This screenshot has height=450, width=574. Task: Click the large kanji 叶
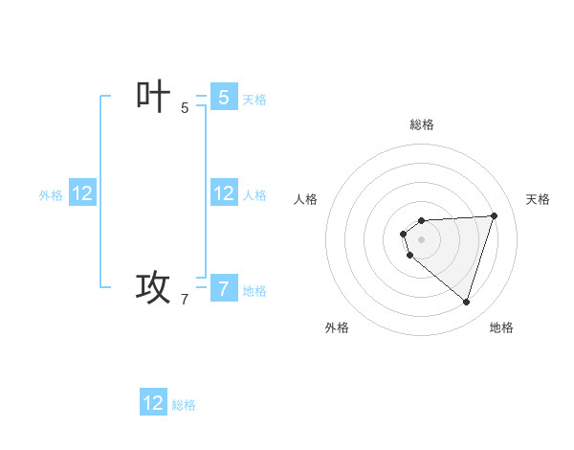pos(153,97)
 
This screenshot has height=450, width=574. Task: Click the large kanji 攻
pos(153,286)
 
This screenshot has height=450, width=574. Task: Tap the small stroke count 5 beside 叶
pos(185,108)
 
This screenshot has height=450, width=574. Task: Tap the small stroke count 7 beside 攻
pos(185,300)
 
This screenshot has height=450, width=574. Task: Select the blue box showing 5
pos(224,97)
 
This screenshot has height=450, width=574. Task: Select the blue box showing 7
pos(224,287)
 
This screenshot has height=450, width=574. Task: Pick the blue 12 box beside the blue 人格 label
pos(224,193)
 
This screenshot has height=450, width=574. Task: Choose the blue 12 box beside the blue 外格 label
pos(82,193)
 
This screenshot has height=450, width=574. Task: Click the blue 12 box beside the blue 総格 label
pos(153,403)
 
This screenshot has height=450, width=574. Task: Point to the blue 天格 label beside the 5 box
pos(254,100)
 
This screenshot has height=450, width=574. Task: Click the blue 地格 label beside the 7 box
pos(254,291)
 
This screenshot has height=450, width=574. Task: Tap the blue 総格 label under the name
pos(184,405)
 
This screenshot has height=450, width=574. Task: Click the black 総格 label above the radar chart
pos(422,124)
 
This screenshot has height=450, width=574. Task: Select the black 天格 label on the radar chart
pos(538,199)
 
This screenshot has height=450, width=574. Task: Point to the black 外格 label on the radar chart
pos(337,327)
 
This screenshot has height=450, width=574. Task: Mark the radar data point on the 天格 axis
pos(494,215)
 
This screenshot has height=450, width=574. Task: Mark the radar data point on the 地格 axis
pos(466,302)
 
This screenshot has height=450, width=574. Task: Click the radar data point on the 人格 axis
pos(404,234)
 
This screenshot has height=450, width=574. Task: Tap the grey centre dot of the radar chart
pos(422,239)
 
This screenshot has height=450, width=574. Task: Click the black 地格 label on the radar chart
pos(501,327)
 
